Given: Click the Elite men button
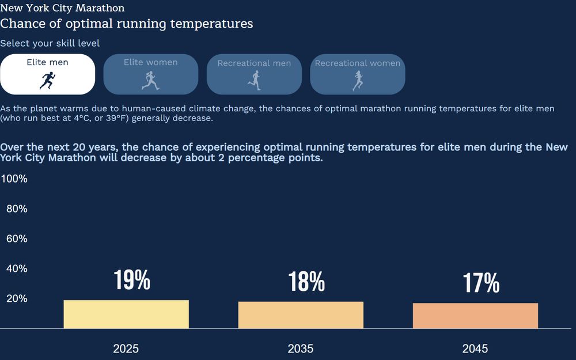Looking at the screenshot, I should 47,74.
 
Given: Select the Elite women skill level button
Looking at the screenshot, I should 150,74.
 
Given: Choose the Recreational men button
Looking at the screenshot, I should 254,74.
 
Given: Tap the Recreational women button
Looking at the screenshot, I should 357,74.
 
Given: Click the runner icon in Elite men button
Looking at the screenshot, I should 47,81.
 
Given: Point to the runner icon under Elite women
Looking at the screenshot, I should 150,81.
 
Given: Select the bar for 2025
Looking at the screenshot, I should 126,314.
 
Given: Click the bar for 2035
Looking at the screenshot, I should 301,315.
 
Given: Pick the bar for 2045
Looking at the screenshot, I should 475,316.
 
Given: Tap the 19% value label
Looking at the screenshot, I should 132,280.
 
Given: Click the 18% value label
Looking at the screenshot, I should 306,282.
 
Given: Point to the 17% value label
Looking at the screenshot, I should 481,283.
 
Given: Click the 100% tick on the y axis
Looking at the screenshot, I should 14,179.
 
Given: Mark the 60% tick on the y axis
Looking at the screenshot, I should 17,238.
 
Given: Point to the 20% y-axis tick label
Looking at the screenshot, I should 17,298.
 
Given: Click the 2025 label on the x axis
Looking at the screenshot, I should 126,348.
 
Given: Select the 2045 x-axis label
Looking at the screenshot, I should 475,348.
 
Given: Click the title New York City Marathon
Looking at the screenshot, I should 62,8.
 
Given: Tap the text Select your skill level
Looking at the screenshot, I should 50,43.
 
